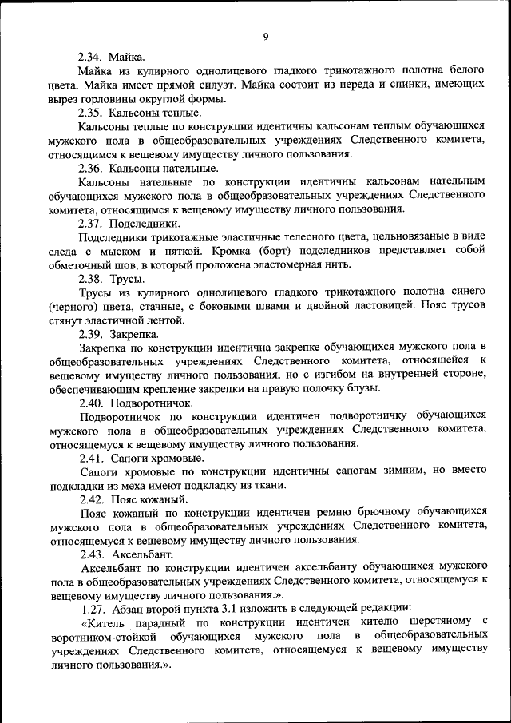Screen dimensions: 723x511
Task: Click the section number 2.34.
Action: coord(89,58)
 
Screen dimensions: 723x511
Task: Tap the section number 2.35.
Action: coord(89,113)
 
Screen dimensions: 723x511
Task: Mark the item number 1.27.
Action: coord(89,609)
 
